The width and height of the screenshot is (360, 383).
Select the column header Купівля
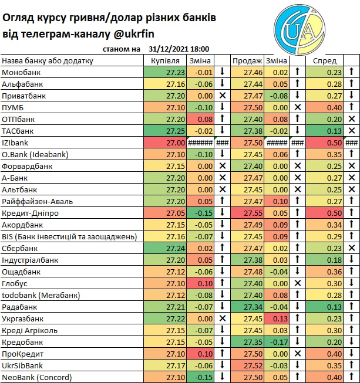(165, 60)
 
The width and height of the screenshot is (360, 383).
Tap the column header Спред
(325, 60)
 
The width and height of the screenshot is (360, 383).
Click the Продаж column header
(247, 60)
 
